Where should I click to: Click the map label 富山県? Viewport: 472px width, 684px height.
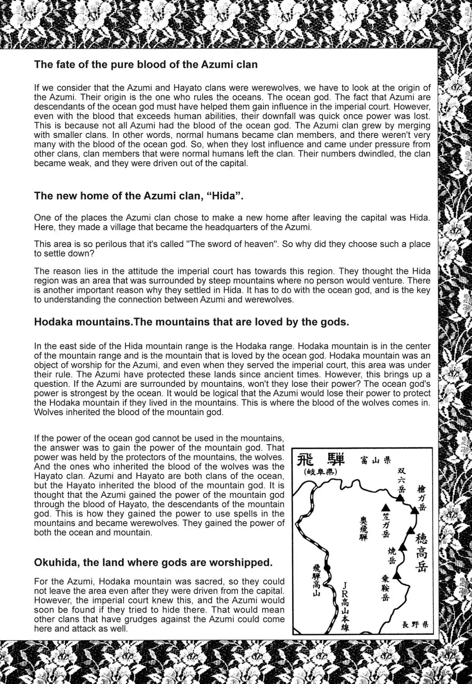pyautogui.click(x=376, y=461)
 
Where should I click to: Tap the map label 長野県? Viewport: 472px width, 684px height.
pyautogui.click(x=415, y=624)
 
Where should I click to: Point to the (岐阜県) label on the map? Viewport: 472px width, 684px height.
pyautogui.click(x=320, y=472)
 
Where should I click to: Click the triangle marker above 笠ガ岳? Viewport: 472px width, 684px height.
pyautogui.click(x=385, y=508)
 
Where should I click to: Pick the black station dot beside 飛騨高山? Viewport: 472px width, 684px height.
pyautogui.click(x=327, y=568)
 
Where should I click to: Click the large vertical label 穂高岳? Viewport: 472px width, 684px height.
pyautogui.click(x=421, y=553)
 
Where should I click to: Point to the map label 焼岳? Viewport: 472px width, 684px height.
pyautogui.click(x=392, y=556)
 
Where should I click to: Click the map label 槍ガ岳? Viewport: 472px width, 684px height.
pyautogui.click(x=421, y=498)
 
